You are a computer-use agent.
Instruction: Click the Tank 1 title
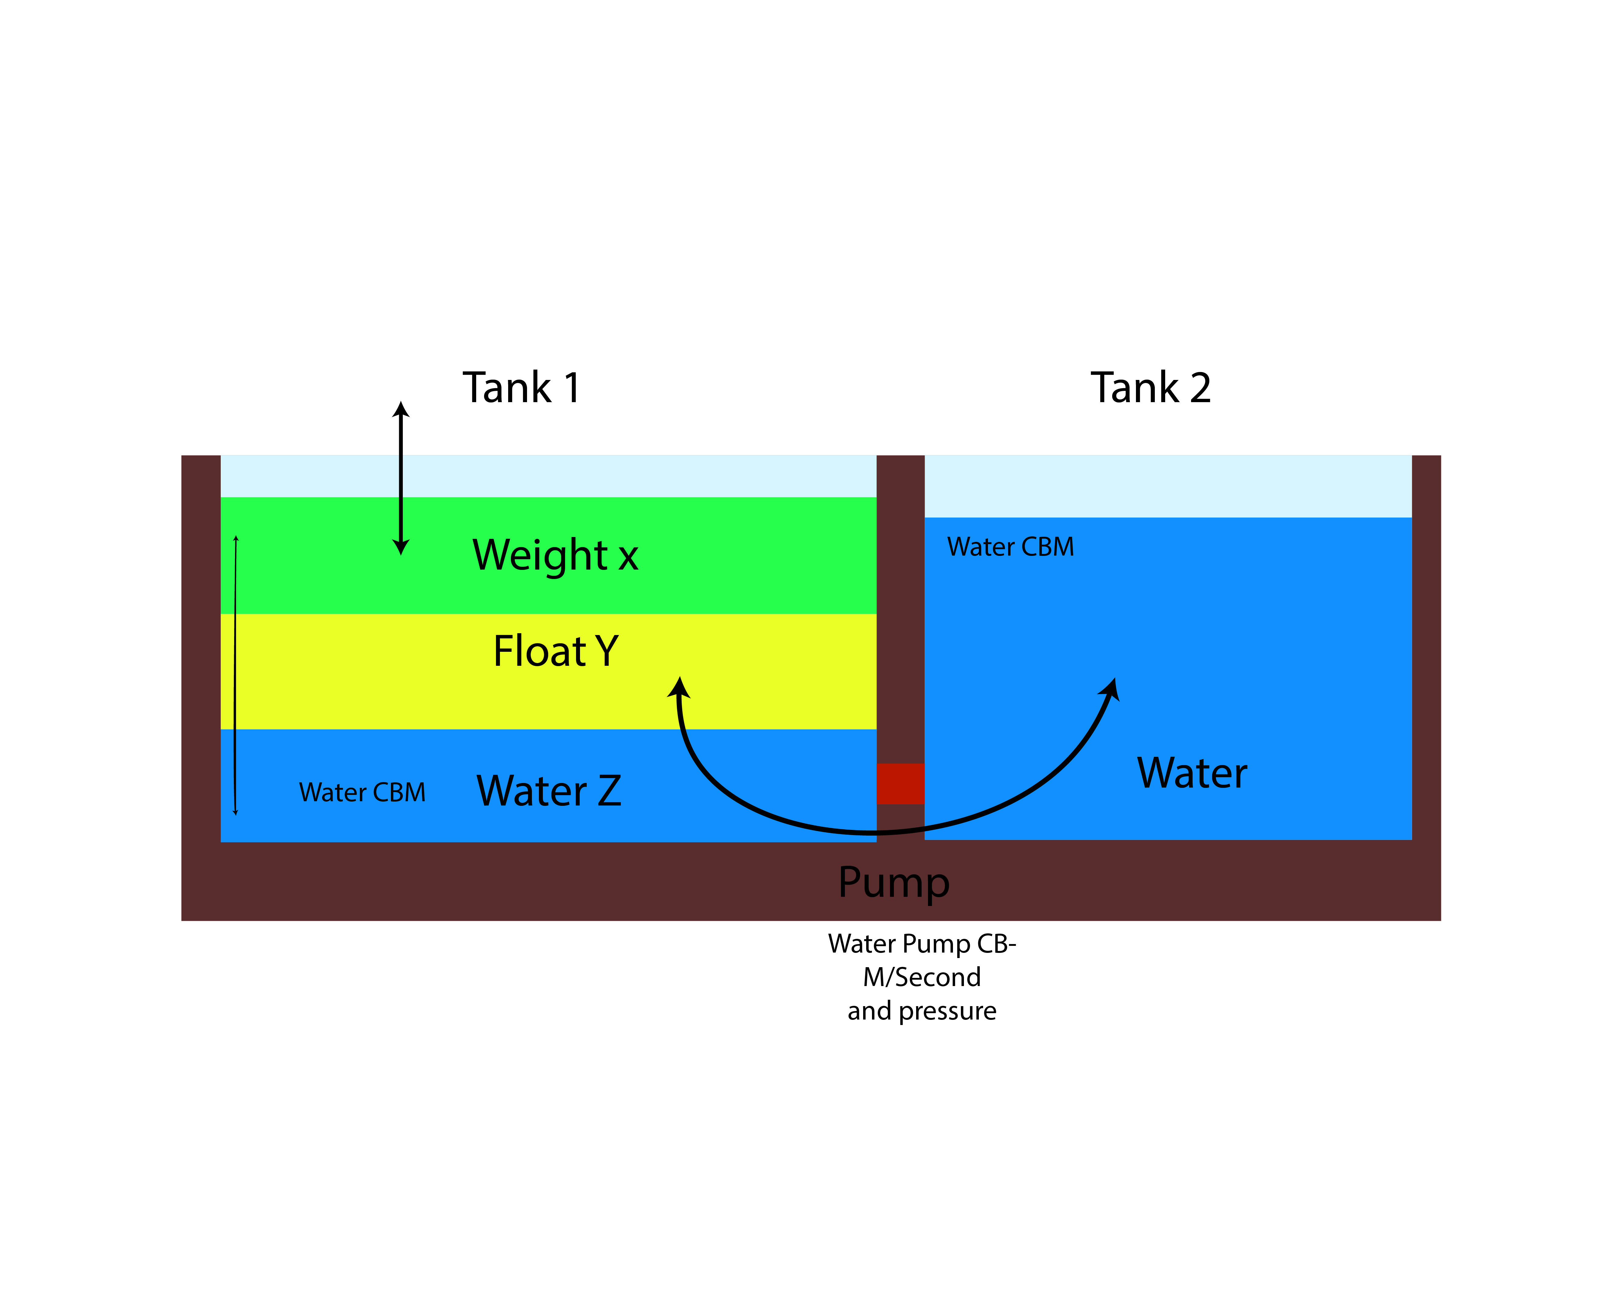[x=521, y=388]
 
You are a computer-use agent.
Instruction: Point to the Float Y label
[x=555, y=651]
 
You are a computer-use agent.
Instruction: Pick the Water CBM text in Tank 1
[x=362, y=793]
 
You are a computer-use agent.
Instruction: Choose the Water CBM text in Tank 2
[x=1010, y=547]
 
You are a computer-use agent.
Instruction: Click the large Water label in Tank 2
[x=1192, y=773]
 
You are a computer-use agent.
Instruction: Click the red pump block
[x=900, y=784]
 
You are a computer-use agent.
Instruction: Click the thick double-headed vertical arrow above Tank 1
[x=401, y=478]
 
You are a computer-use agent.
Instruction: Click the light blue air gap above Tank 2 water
[x=1168, y=486]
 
